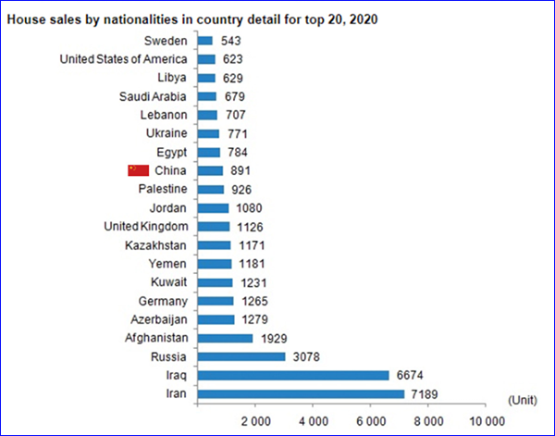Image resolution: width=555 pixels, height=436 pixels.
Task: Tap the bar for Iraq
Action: click(293, 376)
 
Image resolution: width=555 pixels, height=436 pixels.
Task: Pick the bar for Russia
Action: click(241, 357)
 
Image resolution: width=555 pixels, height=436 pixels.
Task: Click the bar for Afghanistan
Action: click(225, 338)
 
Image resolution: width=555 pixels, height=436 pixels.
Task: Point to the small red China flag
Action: click(138, 170)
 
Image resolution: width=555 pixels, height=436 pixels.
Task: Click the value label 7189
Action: click(427, 394)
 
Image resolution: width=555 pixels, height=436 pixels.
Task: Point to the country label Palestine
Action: click(163, 189)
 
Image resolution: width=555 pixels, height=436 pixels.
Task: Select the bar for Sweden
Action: click(205, 41)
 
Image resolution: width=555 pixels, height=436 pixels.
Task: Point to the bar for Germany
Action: click(216, 301)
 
